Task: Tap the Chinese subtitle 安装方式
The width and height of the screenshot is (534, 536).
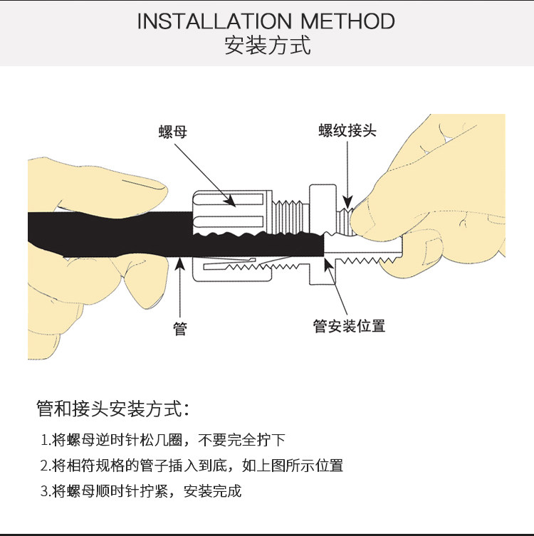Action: (x=267, y=46)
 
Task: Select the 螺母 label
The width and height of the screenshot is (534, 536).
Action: (x=172, y=132)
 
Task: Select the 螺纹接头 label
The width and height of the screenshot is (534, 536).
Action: (x=347, y=130)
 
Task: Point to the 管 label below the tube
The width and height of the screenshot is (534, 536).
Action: (x=181, y=328)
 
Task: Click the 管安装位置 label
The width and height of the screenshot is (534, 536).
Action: (x=349, y=326)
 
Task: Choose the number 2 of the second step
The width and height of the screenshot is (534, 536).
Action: (x=44, y=466)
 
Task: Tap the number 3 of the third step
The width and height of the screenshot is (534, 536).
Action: (x=44, y=491)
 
